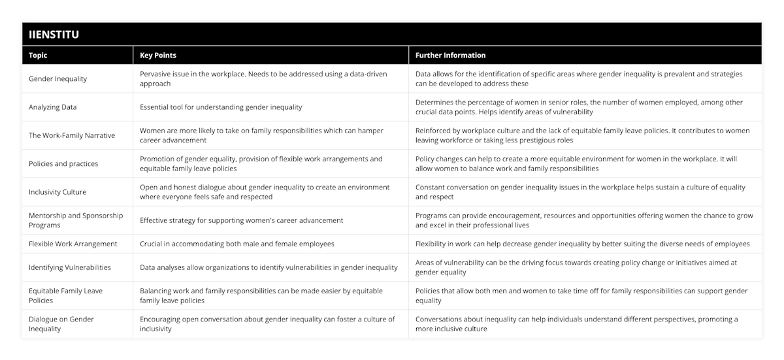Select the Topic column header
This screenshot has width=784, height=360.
pos(38,56)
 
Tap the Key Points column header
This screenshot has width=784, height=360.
pos(158,56)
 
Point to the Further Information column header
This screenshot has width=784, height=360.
pos(450,56)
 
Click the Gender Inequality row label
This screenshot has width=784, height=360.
pos(58,79)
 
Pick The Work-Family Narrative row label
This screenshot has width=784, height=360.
pos(72,135)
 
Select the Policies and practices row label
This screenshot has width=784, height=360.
pos(63,163)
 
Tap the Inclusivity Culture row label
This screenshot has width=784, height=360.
pos(57,192)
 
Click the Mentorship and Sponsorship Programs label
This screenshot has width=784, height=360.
pos(76,220)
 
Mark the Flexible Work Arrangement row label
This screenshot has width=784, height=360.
pos(73,244)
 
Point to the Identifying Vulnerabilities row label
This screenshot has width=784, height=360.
pos(70,267)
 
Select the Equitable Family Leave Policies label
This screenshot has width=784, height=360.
pos(65,295)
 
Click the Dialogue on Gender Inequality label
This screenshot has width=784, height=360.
pos(61,324)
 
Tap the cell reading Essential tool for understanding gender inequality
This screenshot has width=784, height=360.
pos(221,107)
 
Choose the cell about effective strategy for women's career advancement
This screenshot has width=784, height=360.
pos(242,220)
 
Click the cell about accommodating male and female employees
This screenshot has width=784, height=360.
pos(237,244)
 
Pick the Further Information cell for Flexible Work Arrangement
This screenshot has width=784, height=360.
pos(583,244)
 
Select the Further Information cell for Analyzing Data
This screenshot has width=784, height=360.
pos(579,107)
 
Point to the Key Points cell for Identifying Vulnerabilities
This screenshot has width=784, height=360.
pos(269,267)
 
